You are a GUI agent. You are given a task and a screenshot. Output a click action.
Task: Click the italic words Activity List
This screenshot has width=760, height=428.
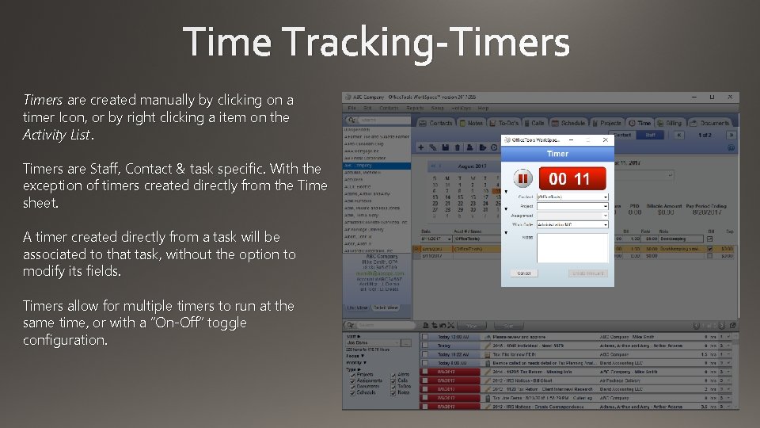[57, 135]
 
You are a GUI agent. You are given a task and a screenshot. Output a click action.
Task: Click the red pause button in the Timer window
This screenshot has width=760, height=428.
[523, 178]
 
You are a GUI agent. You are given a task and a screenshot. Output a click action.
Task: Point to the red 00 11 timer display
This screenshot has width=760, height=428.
[570, 178]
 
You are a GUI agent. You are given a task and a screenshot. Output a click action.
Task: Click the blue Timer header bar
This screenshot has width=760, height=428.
[557, 154]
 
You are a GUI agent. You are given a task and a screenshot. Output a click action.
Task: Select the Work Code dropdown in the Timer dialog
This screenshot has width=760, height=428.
[572, 224]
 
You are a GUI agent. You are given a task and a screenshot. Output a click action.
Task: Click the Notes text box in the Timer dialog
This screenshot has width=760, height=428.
[572, 247]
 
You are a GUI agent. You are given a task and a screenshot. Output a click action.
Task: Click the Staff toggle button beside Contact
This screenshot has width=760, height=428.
[649, 136]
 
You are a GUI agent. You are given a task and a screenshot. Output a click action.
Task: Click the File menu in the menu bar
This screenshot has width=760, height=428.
[353, 108]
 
